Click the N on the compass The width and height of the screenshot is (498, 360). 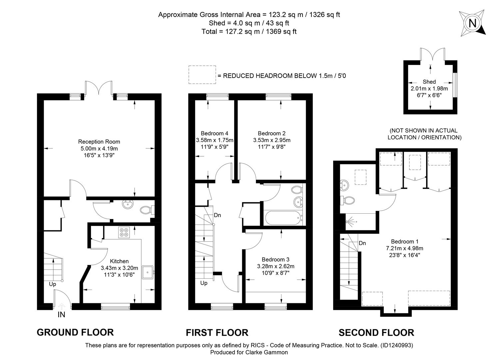(x=472, y=23)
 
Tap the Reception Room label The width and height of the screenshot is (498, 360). (x=99, y=142)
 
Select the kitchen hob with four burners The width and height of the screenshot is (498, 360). (x=124, y=232)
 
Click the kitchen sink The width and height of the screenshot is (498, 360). (x=148, y=272)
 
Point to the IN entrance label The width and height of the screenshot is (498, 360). (x=61, y=315)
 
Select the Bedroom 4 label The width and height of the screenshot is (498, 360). (x=214, y=133)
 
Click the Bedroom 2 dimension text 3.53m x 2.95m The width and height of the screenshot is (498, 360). (x=272, y=140)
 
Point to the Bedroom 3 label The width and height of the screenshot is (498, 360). (x=275, y=259)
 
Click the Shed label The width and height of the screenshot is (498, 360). (x=429, y=82)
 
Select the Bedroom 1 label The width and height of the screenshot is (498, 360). (x=405, y=241)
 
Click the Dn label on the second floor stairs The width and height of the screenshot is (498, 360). (x=362, y=243)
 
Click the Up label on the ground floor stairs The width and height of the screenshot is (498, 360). (x=53, y=284)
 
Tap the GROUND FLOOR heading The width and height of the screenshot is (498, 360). (x=75, y=332)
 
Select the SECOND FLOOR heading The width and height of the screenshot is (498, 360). (x=376, y=333)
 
